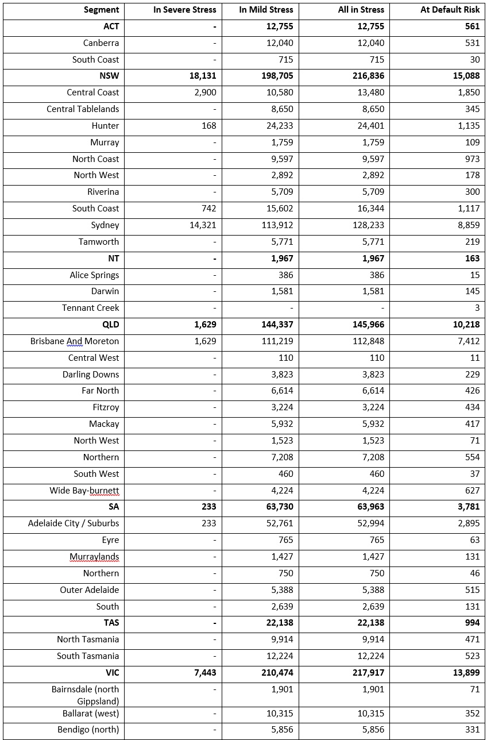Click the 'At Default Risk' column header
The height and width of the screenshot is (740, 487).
(x=450, y=10)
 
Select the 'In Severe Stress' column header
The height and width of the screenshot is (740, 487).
(x=185, y=10)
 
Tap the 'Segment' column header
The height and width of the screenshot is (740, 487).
(x=102, y=10)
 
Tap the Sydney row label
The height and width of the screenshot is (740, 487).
(x=105, y=225)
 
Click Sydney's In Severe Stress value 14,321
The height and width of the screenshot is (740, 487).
(x=203, y=225)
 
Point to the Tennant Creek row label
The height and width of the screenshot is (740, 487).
(x=91, y=308)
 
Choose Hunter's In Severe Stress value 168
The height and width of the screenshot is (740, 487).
(x=209, y=126)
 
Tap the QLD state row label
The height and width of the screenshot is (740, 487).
(x=111, y=325)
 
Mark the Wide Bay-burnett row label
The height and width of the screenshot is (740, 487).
(x=84, y=491)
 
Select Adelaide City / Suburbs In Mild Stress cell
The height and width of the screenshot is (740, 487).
(x=277, y=523)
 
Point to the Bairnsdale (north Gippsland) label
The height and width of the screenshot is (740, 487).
(x=85, y=695)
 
